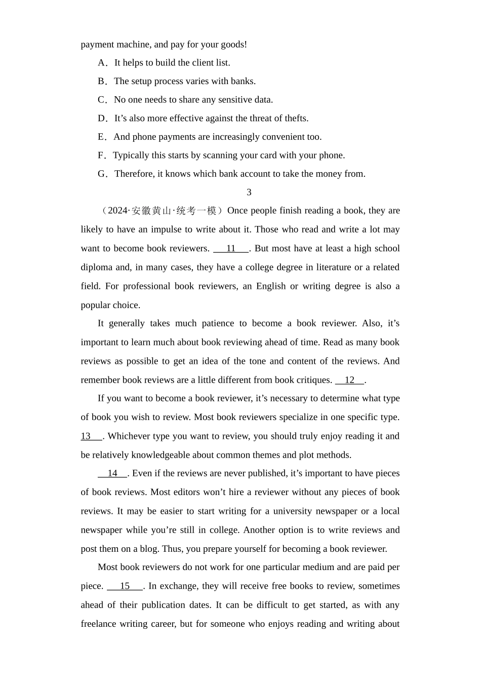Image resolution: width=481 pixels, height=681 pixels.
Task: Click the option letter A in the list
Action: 102,63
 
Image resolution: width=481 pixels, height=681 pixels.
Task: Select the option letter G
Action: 102,174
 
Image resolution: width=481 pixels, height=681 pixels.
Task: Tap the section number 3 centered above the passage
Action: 249,192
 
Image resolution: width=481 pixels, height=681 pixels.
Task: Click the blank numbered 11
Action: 231,248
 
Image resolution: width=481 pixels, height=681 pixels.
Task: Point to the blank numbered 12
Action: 349,380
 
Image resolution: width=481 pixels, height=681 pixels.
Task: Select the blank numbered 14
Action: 112,473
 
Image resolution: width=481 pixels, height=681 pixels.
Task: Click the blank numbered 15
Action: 125,586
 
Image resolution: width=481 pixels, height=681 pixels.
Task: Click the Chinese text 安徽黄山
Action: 149,211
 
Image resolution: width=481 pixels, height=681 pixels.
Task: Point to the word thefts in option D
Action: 296,119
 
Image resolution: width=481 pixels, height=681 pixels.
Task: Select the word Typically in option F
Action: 131,156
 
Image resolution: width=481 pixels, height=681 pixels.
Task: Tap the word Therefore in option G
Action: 134,174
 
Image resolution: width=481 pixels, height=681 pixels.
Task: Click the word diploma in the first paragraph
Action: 96,268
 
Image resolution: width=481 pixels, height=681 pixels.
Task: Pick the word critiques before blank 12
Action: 314,380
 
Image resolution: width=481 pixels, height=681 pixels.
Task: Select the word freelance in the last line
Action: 99,624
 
